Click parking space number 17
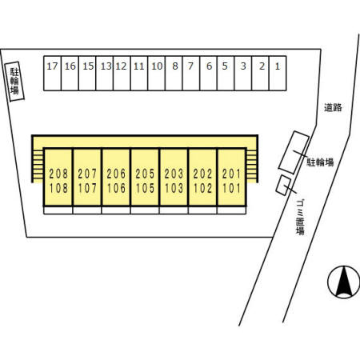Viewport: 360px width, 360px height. tap(52, 74)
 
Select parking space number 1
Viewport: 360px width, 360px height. tap(278, 74)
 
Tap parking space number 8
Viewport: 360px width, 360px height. tap(174, 74)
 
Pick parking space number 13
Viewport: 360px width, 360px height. tap(105, 74)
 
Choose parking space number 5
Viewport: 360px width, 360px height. tap(226, 74)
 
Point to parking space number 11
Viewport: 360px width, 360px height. tap(139, 74)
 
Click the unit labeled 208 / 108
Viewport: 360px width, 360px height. tap(58, 177)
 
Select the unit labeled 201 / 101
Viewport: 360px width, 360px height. tap(231, 177)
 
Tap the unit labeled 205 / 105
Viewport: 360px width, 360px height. tap(145, 177)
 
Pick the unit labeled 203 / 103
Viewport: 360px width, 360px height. tap(174, 177)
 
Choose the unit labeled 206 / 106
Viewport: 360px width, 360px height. tap(116, 177)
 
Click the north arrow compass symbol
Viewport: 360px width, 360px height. tap(344, 282)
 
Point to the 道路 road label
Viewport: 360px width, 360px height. tap(333, 107)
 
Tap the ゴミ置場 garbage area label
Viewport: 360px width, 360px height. tap(300, 218)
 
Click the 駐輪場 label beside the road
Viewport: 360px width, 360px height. tap(320, 162)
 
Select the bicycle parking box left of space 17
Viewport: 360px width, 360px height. tap(14, 82)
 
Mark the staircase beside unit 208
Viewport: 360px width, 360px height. tap(38, 166)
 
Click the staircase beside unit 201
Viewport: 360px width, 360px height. tap(251, 166)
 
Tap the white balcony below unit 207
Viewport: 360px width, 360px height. tap(87, 210)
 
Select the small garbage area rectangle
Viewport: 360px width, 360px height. tap(283, 185)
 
